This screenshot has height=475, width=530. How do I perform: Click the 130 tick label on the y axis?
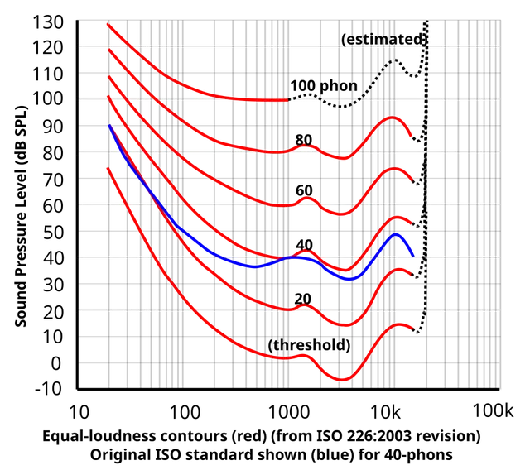coord(48,23)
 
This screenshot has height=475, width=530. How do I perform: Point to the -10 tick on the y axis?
coord(49,389)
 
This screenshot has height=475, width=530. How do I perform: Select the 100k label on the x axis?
coord(493,411)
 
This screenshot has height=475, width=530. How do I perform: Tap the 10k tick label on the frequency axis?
coord(386,412)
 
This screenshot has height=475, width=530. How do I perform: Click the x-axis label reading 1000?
coord(289,412)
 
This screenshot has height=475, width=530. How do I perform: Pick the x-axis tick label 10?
coord(79,412)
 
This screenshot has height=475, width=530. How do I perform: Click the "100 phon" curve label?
coord(324,86)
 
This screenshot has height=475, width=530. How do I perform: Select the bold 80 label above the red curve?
coord(304,140)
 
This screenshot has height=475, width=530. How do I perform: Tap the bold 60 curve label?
coord(304,190)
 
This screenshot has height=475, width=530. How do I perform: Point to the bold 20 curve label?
coord(302,299)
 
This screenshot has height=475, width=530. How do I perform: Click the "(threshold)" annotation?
coord(309,345)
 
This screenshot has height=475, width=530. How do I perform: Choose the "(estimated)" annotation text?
coord(383,40)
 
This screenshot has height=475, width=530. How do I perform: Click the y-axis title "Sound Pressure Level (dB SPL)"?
coord(21,217)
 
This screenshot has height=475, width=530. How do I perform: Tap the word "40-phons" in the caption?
coord(418,455)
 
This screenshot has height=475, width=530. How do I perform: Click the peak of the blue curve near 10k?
coord(395,234)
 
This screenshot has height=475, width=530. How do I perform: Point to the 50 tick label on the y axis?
coord(53,232)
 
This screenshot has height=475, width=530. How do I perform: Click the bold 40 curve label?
coord(304,245)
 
